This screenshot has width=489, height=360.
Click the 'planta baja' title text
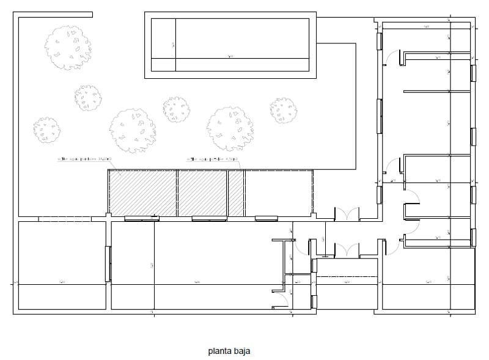(x=229, y=351)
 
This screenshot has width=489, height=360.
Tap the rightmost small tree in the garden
(x=284, y=111)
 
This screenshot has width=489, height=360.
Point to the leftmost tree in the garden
(x=46, y=130)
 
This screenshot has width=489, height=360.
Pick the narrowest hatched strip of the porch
(x=236, y=193)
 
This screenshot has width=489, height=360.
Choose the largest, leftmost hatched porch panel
(x=143, y=193)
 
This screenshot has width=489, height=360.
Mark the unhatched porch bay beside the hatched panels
(x=279, y=193)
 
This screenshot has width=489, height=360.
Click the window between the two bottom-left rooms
(x=108, y=264)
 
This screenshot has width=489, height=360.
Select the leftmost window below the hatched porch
(x=142, y=218)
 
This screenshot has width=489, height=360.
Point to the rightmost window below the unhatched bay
(x=267, y=218)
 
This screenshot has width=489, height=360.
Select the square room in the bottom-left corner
(x=61, y=266)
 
